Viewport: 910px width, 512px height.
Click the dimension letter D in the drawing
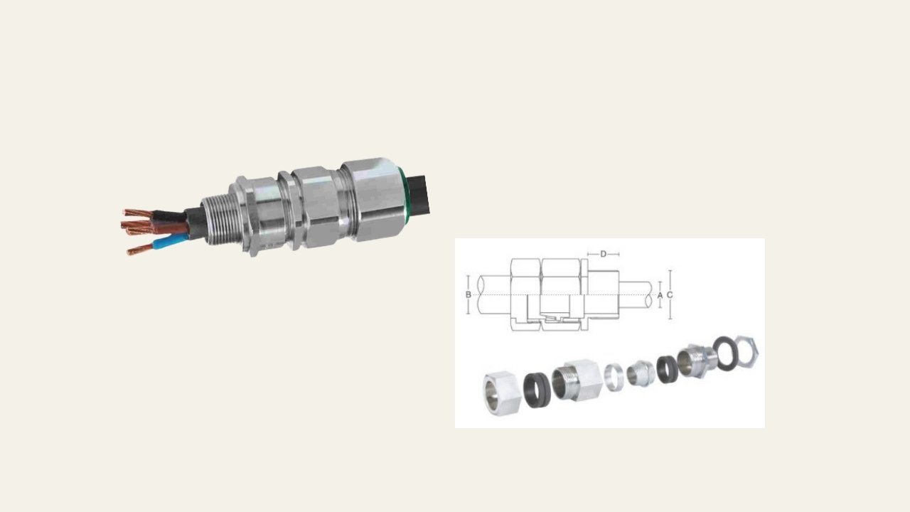tap(604, 254)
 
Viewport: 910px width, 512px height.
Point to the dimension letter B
tap(469, 294)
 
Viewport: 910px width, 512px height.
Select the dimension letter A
tap(660, 295)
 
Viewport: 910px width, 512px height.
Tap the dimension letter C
tap(670, 295)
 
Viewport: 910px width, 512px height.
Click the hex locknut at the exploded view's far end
tap(746, 352)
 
